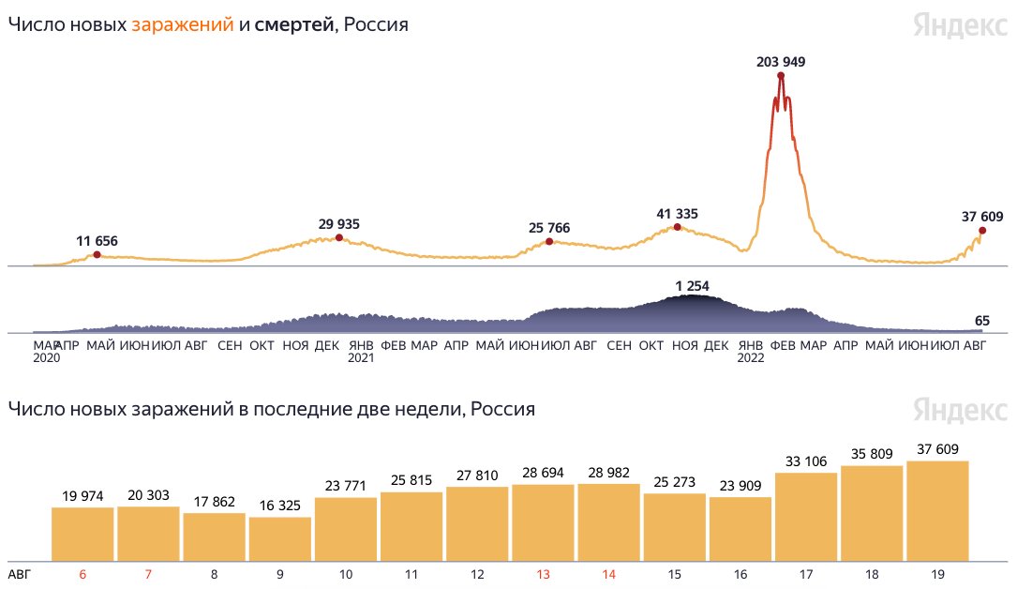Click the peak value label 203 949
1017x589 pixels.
[781, 62]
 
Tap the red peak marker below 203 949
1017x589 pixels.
[781, 75]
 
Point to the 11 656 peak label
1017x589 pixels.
[97, 241]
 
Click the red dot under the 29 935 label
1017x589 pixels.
[339, 237]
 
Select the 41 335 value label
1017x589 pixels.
[677, 214]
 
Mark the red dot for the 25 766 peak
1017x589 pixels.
[549, 242]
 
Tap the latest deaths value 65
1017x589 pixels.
[982, 320]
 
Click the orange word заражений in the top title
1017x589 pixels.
[183, 25]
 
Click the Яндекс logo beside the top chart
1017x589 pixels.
[961, 26]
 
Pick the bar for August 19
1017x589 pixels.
[937, 510]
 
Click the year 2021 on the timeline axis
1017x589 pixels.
[361, 358]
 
